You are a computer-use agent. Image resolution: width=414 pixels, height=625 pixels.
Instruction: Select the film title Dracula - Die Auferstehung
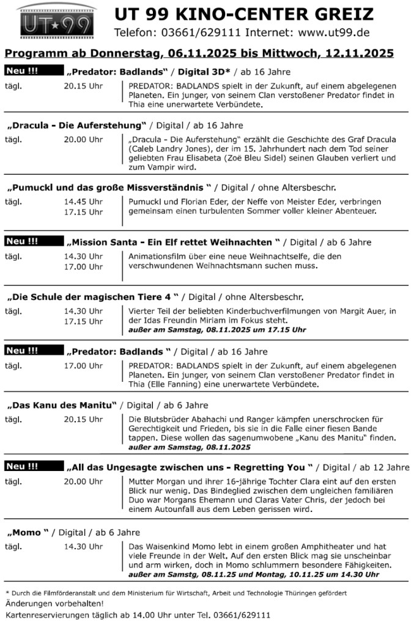coord(76,125)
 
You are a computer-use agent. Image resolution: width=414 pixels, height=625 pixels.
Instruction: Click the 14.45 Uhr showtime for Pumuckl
coord(83,201)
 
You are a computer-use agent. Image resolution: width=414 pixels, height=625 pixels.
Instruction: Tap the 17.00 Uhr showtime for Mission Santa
coord(83,266)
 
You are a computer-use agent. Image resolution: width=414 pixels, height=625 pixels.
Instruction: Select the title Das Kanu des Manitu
coord(61,405)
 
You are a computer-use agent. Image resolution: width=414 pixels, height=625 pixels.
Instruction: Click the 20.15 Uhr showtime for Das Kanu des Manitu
coord(83,419)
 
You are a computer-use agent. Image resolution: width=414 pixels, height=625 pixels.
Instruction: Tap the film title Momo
coord(28,533)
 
